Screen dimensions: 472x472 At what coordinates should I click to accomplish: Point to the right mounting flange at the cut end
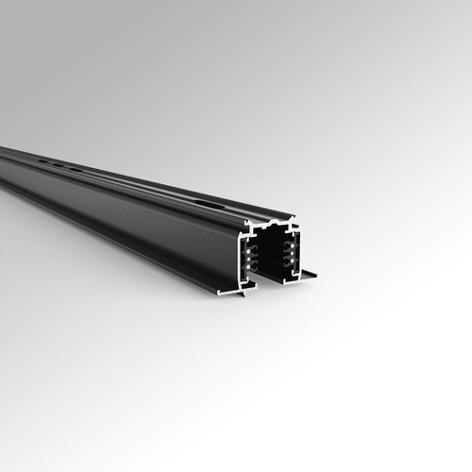[x=307, y=276]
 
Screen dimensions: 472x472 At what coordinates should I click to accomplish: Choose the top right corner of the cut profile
[x=295, y=220]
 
